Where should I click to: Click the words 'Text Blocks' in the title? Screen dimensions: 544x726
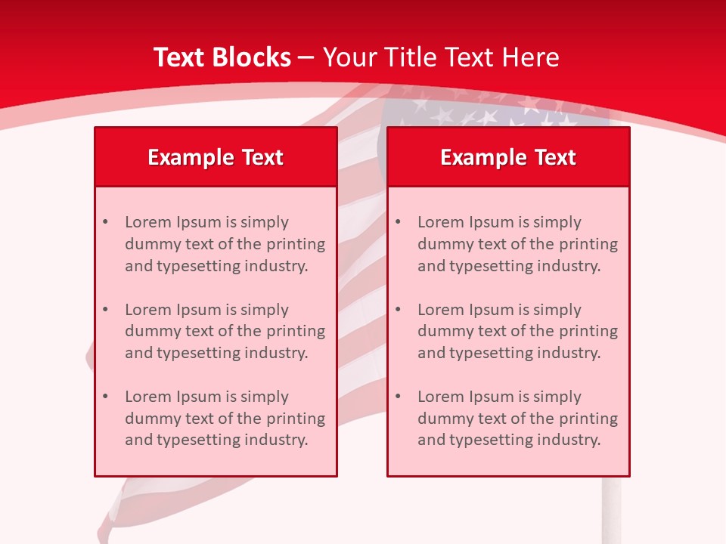[222, 57]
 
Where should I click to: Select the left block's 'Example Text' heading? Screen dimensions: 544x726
[216, 157]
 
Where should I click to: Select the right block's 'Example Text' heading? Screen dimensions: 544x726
[508, 157]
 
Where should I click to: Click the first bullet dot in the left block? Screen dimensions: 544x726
[105, 222]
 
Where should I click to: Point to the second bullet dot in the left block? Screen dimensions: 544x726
[105, 310]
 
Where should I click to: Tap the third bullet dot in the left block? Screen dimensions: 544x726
[105, 397]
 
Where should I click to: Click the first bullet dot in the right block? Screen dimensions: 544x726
[398, 222]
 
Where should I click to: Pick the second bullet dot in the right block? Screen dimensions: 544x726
[398, 310]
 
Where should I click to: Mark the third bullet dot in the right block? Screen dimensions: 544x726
[398, 397]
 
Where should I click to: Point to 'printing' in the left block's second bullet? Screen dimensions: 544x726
[297, 331]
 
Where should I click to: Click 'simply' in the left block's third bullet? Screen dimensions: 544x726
[263, 397]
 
